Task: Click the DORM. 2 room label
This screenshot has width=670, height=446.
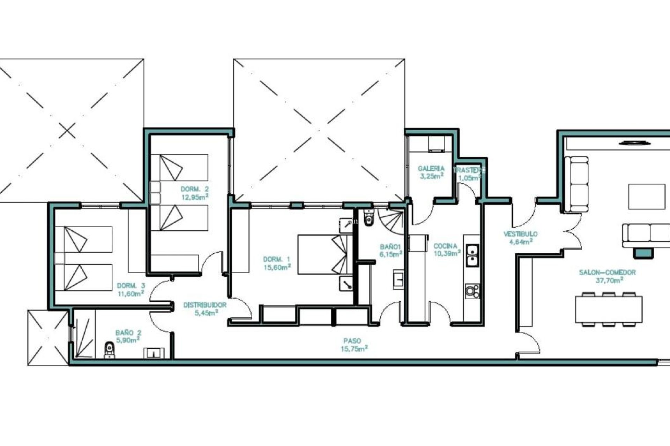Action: tap(195, 189)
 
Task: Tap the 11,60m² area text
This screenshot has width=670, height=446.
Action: tap(131, 293)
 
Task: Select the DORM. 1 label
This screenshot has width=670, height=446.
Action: tap(276, 259)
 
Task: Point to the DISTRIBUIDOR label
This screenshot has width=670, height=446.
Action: tap(205, 305)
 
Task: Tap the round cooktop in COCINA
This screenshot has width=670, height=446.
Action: tap(472, 291)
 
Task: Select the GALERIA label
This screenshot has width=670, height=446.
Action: tap(431, 169)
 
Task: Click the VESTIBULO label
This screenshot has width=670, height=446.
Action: tap(520, 234)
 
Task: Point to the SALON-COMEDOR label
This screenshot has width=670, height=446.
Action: tap(607, 272)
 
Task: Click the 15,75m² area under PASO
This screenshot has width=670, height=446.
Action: tap(354, 348)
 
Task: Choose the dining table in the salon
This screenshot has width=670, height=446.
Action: tap(609, 309)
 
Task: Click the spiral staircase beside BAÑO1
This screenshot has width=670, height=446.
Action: tap(391, 220)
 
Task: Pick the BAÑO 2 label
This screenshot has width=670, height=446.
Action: tap(128, 333)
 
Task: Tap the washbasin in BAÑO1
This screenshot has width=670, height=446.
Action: tap(398, 279)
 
